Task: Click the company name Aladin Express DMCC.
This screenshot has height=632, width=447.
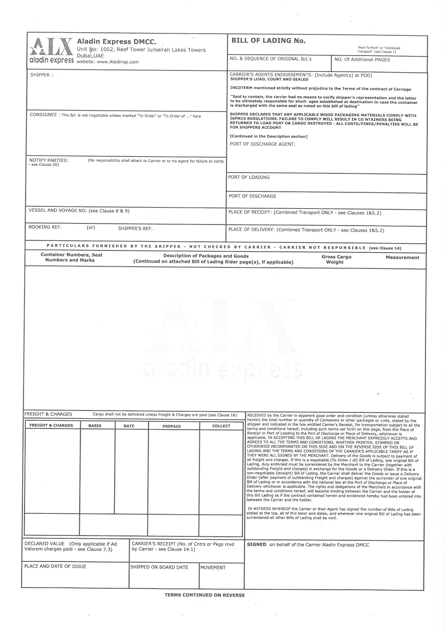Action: pyautogui.click(x=117, y=42)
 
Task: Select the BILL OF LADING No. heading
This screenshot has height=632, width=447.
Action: pyautogui.click(x=268, y=41)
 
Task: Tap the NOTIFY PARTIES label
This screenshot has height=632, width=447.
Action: pyautogui.click(x=49, y=160)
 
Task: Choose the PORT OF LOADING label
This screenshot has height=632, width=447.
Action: pyautogui.click(x=249, y=177)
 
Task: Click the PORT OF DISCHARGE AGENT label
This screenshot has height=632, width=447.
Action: pyautogui.click(x=262, y=144)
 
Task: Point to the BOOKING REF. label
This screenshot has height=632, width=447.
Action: pyautogui.click(x=45, y=227)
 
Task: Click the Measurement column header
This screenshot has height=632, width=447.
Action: pyautogui.click(x=402, y=257)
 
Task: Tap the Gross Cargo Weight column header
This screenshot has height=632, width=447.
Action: pyautogui.click(x=336, y=259)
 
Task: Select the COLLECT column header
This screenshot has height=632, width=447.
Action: pyautogui.click(x=221, y=426)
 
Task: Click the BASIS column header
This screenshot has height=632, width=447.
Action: pyautogui.click(x=95, y=426)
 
